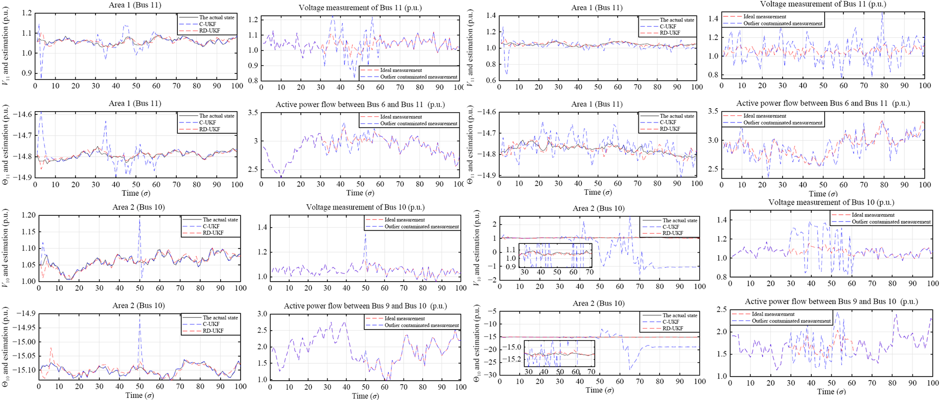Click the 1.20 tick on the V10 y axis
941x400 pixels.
(x=29, y=215)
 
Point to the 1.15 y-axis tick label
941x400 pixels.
(x=29, y=232)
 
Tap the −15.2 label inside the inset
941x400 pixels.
(x=512, y=359)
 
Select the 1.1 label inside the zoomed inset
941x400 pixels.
(x=510, y=249)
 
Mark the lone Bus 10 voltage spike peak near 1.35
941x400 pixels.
(x=365, y=233)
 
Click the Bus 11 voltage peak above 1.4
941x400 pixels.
(x=882, y=12)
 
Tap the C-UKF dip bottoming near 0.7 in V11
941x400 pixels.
(x=506, y=74)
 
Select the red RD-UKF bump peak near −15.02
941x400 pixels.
(x=51, y=347)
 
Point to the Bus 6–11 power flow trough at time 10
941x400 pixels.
(x=281, y=178)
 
